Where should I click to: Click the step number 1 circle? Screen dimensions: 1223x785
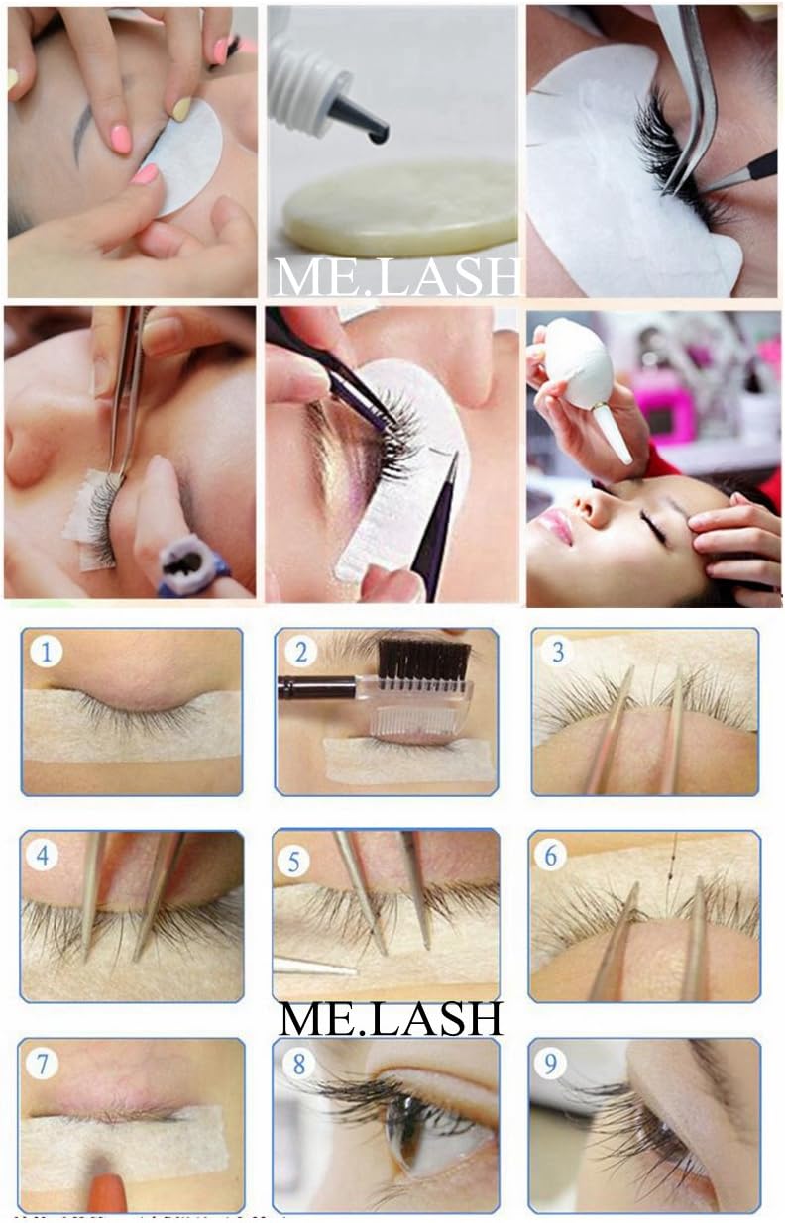(47, 652)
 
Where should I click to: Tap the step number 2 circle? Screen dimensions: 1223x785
(300, 652)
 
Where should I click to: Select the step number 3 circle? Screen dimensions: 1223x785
(558, 652)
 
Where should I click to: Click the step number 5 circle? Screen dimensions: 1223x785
(294, 861)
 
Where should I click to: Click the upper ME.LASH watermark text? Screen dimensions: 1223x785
(394, 276)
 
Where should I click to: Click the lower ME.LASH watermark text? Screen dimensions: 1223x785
(391, 1018)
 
